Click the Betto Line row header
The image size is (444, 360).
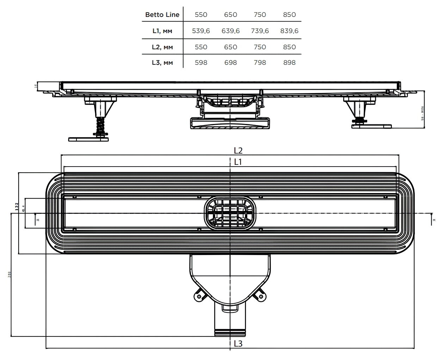pyautogui.click(x=162, y=15)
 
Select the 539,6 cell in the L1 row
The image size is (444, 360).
pyautogui.click(x=201, y=31)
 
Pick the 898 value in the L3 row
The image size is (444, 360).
pyautogui.click(x=289, y=63)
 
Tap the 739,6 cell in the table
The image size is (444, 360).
pyautogui.click(x=260, y=31)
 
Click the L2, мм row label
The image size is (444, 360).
pyautogui.click(x=162, y=47)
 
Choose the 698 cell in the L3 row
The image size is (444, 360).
pyautogui.click(x=230, y=63)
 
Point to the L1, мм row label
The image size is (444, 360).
pyautogui.click(x=162, y=31)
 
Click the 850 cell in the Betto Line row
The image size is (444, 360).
pyautogui.click(x=289, y=15)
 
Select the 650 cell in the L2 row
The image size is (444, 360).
pyautogui.click(x=230, y=47)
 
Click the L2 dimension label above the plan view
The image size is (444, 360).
pyautogui.click(x=238, y=150)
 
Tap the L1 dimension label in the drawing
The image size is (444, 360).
pyautogui.click(x=238, y=162)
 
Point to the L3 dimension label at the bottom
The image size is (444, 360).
pyautogui.click(x=238, y=343)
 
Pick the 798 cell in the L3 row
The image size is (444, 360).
pyautogui.click(x=260, y=63)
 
